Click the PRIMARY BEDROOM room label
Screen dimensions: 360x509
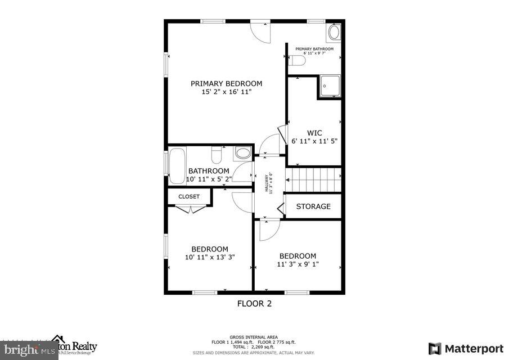coord(226,83)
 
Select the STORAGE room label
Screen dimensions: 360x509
coord(313,206)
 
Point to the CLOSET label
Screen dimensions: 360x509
coord(189,197)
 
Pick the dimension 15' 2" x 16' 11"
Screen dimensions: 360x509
coord(226,92)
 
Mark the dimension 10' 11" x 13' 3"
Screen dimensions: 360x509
coord(209,257)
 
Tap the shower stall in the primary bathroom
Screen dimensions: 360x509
coord(330,87)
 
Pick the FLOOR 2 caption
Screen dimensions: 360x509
coord(254,304)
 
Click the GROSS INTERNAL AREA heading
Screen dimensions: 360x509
coord(253,337)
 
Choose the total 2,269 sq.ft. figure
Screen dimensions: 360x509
coord(253,347)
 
